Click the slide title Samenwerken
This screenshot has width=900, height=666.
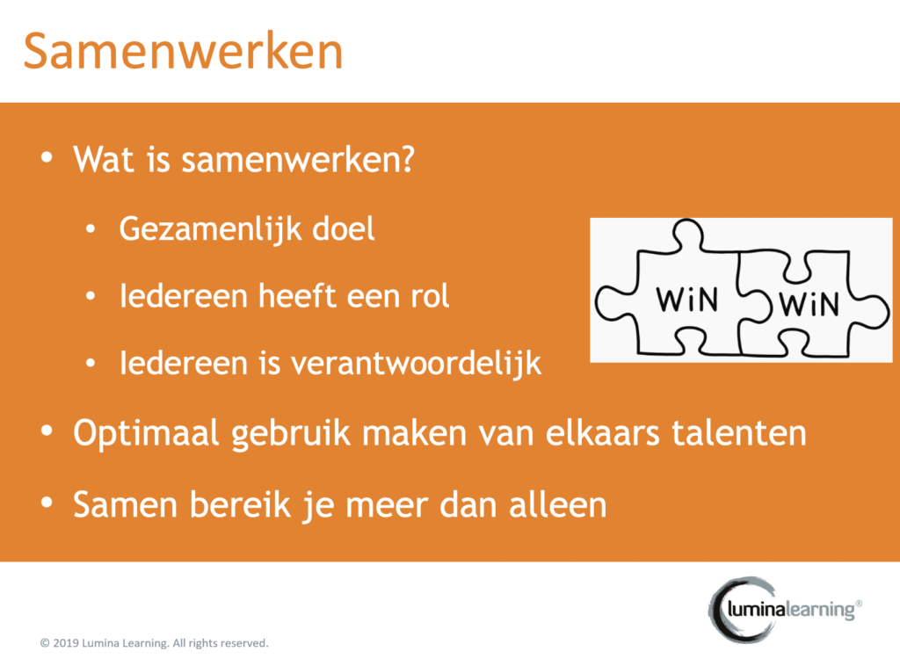click(183, 52)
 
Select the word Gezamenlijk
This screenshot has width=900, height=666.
click(210, 230)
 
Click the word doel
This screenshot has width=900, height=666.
click(344, 229)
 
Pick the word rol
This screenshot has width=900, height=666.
click(430, 296)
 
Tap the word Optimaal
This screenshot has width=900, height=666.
click(147, 433)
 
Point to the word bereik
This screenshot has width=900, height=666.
click(240, 505)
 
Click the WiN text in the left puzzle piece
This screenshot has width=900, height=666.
click(686, 300)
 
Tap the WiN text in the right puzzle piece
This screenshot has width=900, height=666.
click(809, 304)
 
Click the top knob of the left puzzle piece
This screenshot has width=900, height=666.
click(687, 234)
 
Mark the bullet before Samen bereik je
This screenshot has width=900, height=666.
click(47, 503)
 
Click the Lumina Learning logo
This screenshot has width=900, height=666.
click(785, 609)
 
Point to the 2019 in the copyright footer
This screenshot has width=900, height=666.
click(65, 643)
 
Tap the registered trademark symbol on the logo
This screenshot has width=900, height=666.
click(859, 604)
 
